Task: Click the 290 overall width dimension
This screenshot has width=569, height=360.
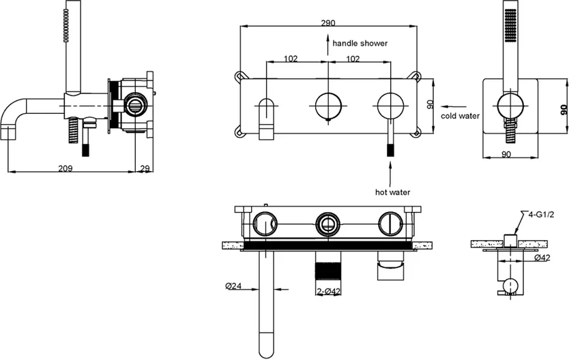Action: pyautogui.click(x=327, y=22)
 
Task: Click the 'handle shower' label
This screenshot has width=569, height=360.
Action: pyautogui.click(x=360, y=43)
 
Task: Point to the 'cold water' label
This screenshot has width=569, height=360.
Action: pyautogui.click(x=461, y=116)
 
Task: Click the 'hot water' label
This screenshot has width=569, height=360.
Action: pyautogui.click(x=392, y=192)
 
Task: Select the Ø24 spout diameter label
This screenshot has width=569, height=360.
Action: pyautogui.click(x=233, y=286)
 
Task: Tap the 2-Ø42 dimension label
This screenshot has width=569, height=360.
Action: pyautogui.click(x=329, y=292)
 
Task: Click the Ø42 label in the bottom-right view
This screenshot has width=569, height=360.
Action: pyautogui.click(x=542, y=258)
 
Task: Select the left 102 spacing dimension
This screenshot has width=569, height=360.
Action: pyautogui.click(x=291, y=59)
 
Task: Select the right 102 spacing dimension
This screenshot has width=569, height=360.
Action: pyautogui.click(x=353, y=59)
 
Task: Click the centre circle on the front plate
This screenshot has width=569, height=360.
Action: pyautogui.click(x=328, y=106)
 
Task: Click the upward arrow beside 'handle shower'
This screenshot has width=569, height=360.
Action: pyautogui.click(x=328, y=43)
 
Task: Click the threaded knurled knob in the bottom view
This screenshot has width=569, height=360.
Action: pyautogui.click(x=327, y=271)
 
